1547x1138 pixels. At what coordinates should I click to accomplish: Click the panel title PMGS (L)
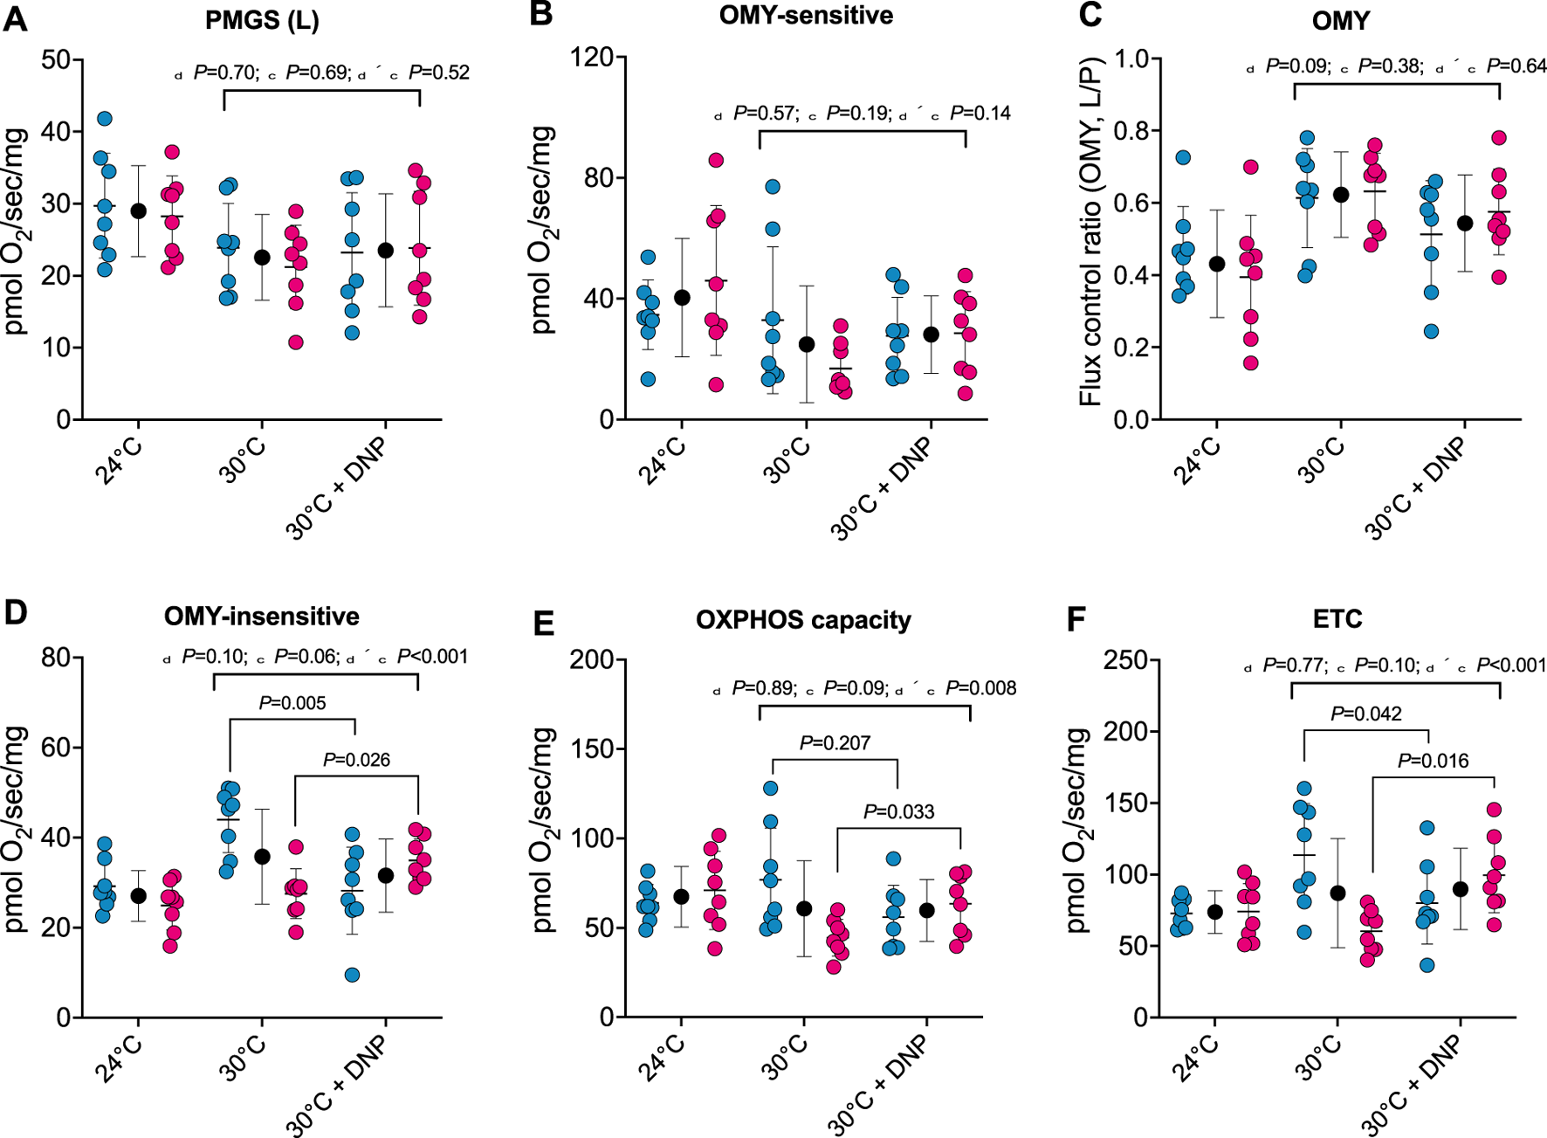coord(262,20)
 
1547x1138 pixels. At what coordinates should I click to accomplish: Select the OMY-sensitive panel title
coord(805,17)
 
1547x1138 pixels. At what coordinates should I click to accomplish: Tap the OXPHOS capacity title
coord(803,620)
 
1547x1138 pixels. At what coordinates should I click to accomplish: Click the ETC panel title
coord(1337,620)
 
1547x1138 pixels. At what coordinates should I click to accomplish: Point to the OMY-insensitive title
coord(261,617)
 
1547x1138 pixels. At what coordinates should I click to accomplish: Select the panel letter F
coord(1076,619)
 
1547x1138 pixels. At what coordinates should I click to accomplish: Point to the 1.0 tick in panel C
coord(1129,59)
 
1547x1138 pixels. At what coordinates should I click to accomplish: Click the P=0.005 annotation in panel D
coord(292,703)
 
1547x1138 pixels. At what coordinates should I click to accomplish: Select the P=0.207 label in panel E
coord(835,743)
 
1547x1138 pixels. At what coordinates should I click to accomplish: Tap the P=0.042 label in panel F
coord(1366,714)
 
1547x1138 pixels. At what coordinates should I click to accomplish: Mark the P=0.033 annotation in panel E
coord(899,812)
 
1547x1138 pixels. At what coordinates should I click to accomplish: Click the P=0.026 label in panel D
coord(356,760)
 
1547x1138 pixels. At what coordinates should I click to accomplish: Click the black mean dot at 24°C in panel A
coord(138,211)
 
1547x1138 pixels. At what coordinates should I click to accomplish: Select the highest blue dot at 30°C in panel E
coord(771,789)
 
